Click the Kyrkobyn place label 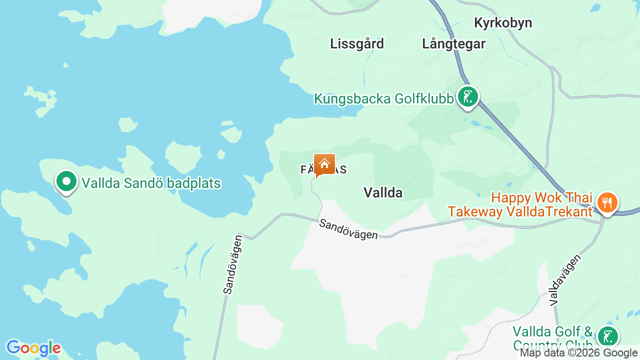tap(503, 23)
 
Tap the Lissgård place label tap(357, 44)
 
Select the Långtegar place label tap(453, 44)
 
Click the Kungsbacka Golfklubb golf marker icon tap(468, 97)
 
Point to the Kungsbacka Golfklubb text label tap(383, 98)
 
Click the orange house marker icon tap(324, 164)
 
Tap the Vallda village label tap(383, 192)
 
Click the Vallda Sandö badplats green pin tap(66, 181)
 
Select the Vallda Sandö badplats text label tap(151, 183)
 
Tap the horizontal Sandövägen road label tap(348, 229)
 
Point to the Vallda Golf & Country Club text tap(553, 338)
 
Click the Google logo tap(33, 348)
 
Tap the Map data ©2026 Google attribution tap(579, 353)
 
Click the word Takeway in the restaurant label tap(475, 212)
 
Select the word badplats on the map tap(193, 183)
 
